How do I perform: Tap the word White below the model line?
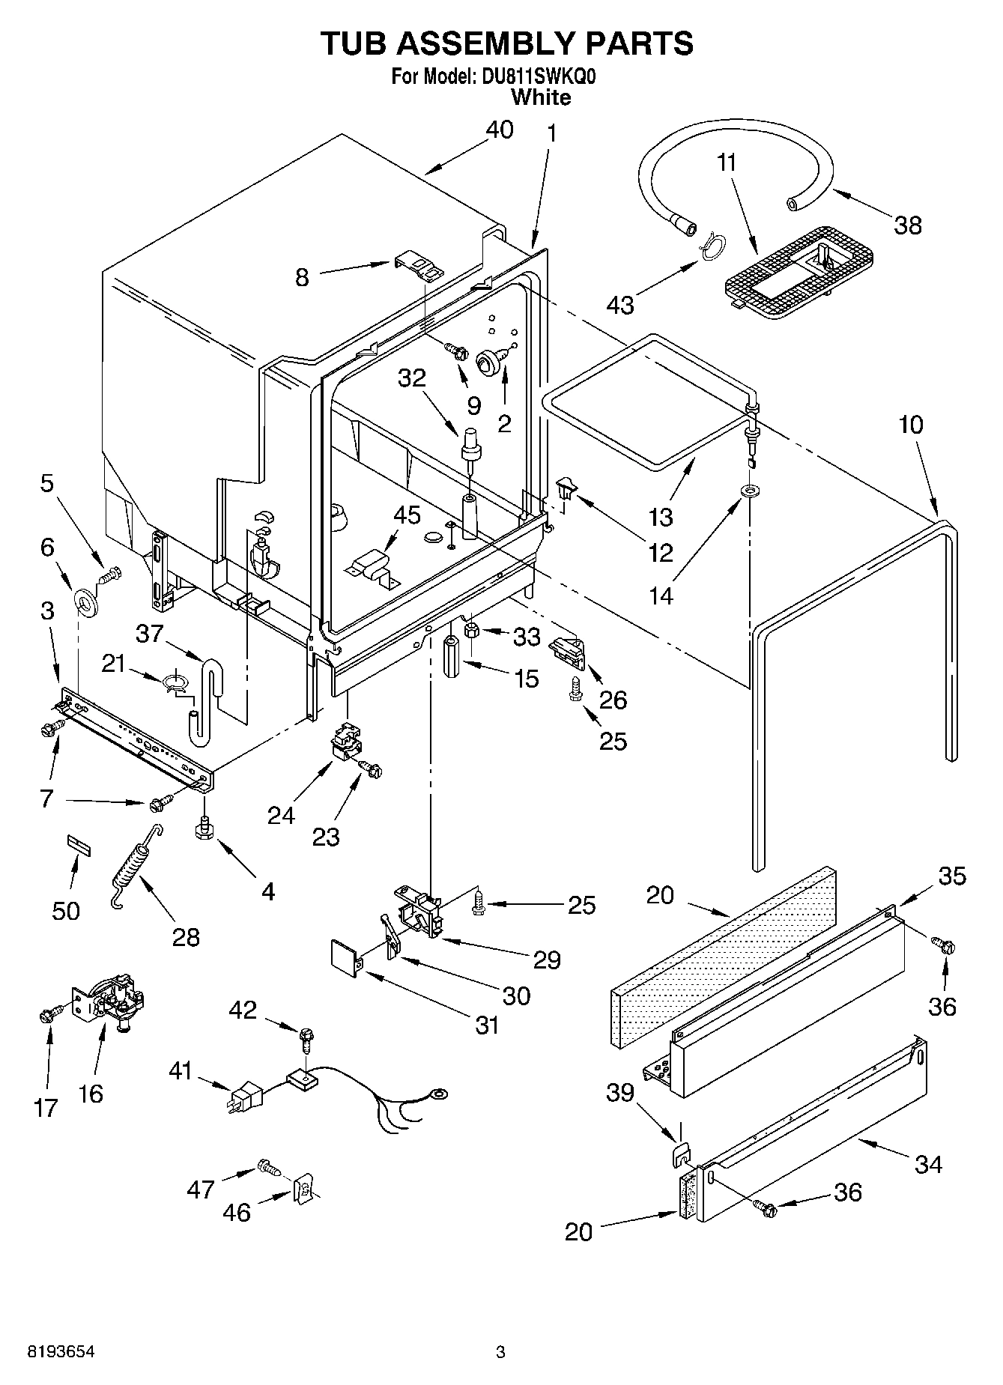(x=540, y=97)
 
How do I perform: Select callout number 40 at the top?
(x=500, y=130)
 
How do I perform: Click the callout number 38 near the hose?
(x=908, y=225)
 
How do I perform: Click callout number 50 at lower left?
(x=66, y=911)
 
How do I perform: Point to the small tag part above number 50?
(x=79, y=843)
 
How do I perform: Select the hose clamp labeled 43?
(x=713, y=246)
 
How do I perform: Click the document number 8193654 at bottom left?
(x=61, y=1352)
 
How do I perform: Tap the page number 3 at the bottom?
(x=500, y=1352)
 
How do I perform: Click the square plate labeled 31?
(x=345, y=958)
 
